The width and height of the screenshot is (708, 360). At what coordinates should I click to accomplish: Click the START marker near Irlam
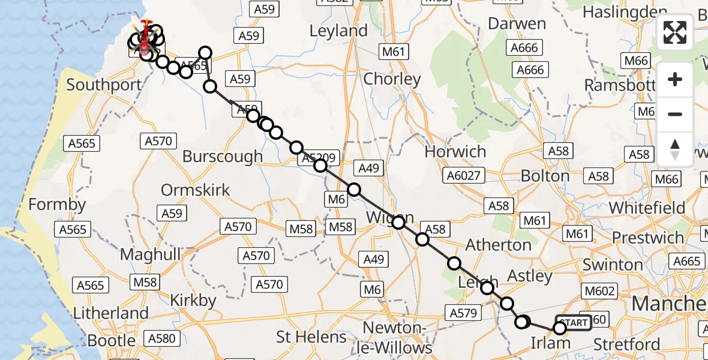pyautogui.click(x=574, y=323)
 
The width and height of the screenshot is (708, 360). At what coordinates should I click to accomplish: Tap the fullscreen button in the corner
pyautogui.click(x=675, y=32)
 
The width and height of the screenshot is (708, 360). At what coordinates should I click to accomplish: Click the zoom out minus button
pyautogui.click(x=675, y=114)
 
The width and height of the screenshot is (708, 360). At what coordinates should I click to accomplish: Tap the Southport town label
pyautogui.click(x=104, y=85)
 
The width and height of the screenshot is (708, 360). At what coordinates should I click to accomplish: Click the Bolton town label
pyautogui.click(x=545, y=176)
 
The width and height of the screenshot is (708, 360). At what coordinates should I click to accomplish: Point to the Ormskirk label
pyautogui.click(x=195, y=191)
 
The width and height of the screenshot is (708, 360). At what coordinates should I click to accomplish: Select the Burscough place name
pyautogui.click(x=223, y=157)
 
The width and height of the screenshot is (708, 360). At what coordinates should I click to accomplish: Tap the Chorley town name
pyautogui.click(x=392, y=79)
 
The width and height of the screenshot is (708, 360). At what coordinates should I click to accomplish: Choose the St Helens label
pyautogui.click(x=311, y=337)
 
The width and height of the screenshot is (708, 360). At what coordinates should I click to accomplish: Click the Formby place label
pyautogui.click(x=57, y=205)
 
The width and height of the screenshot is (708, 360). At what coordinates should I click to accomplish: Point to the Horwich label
pyautogui.click(x=455, y=152)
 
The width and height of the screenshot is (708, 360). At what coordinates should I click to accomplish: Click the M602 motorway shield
pyautogui.click(x=599, y=291)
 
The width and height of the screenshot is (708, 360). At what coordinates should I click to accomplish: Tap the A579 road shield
pyautogui.click(x=462, y=313)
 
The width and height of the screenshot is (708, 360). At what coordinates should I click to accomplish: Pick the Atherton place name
pyautogui.click(x=499, y=245)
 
